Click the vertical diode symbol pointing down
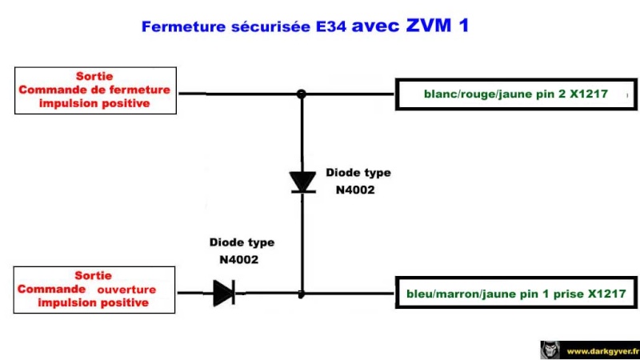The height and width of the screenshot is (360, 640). click(x=302, y=182)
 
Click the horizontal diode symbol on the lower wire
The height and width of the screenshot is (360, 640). click(x=224, y=293)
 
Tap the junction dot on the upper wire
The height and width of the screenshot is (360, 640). click(x=302, y=94)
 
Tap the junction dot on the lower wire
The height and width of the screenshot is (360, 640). click(x=302, y=294)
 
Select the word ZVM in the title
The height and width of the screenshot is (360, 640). click(x=429, y=26)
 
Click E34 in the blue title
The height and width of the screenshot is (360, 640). click(x=331, y=26)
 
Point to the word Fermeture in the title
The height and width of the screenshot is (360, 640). click(x=183, y=27)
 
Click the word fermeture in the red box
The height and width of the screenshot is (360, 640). click(x=142, y=90)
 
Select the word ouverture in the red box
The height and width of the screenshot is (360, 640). click(x=126, y=290)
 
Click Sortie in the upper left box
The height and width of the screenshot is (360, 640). click(x=94, y=76)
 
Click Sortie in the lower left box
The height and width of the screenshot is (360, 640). click(x=93, y=275)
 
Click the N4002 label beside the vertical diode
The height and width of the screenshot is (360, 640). click(x=355, y=190)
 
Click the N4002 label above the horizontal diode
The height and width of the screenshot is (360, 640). click(x=238, y=260)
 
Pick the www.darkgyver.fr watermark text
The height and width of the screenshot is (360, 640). click(x=603, y=351)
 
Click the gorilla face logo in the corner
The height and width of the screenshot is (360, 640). click(x=550, y=350)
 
